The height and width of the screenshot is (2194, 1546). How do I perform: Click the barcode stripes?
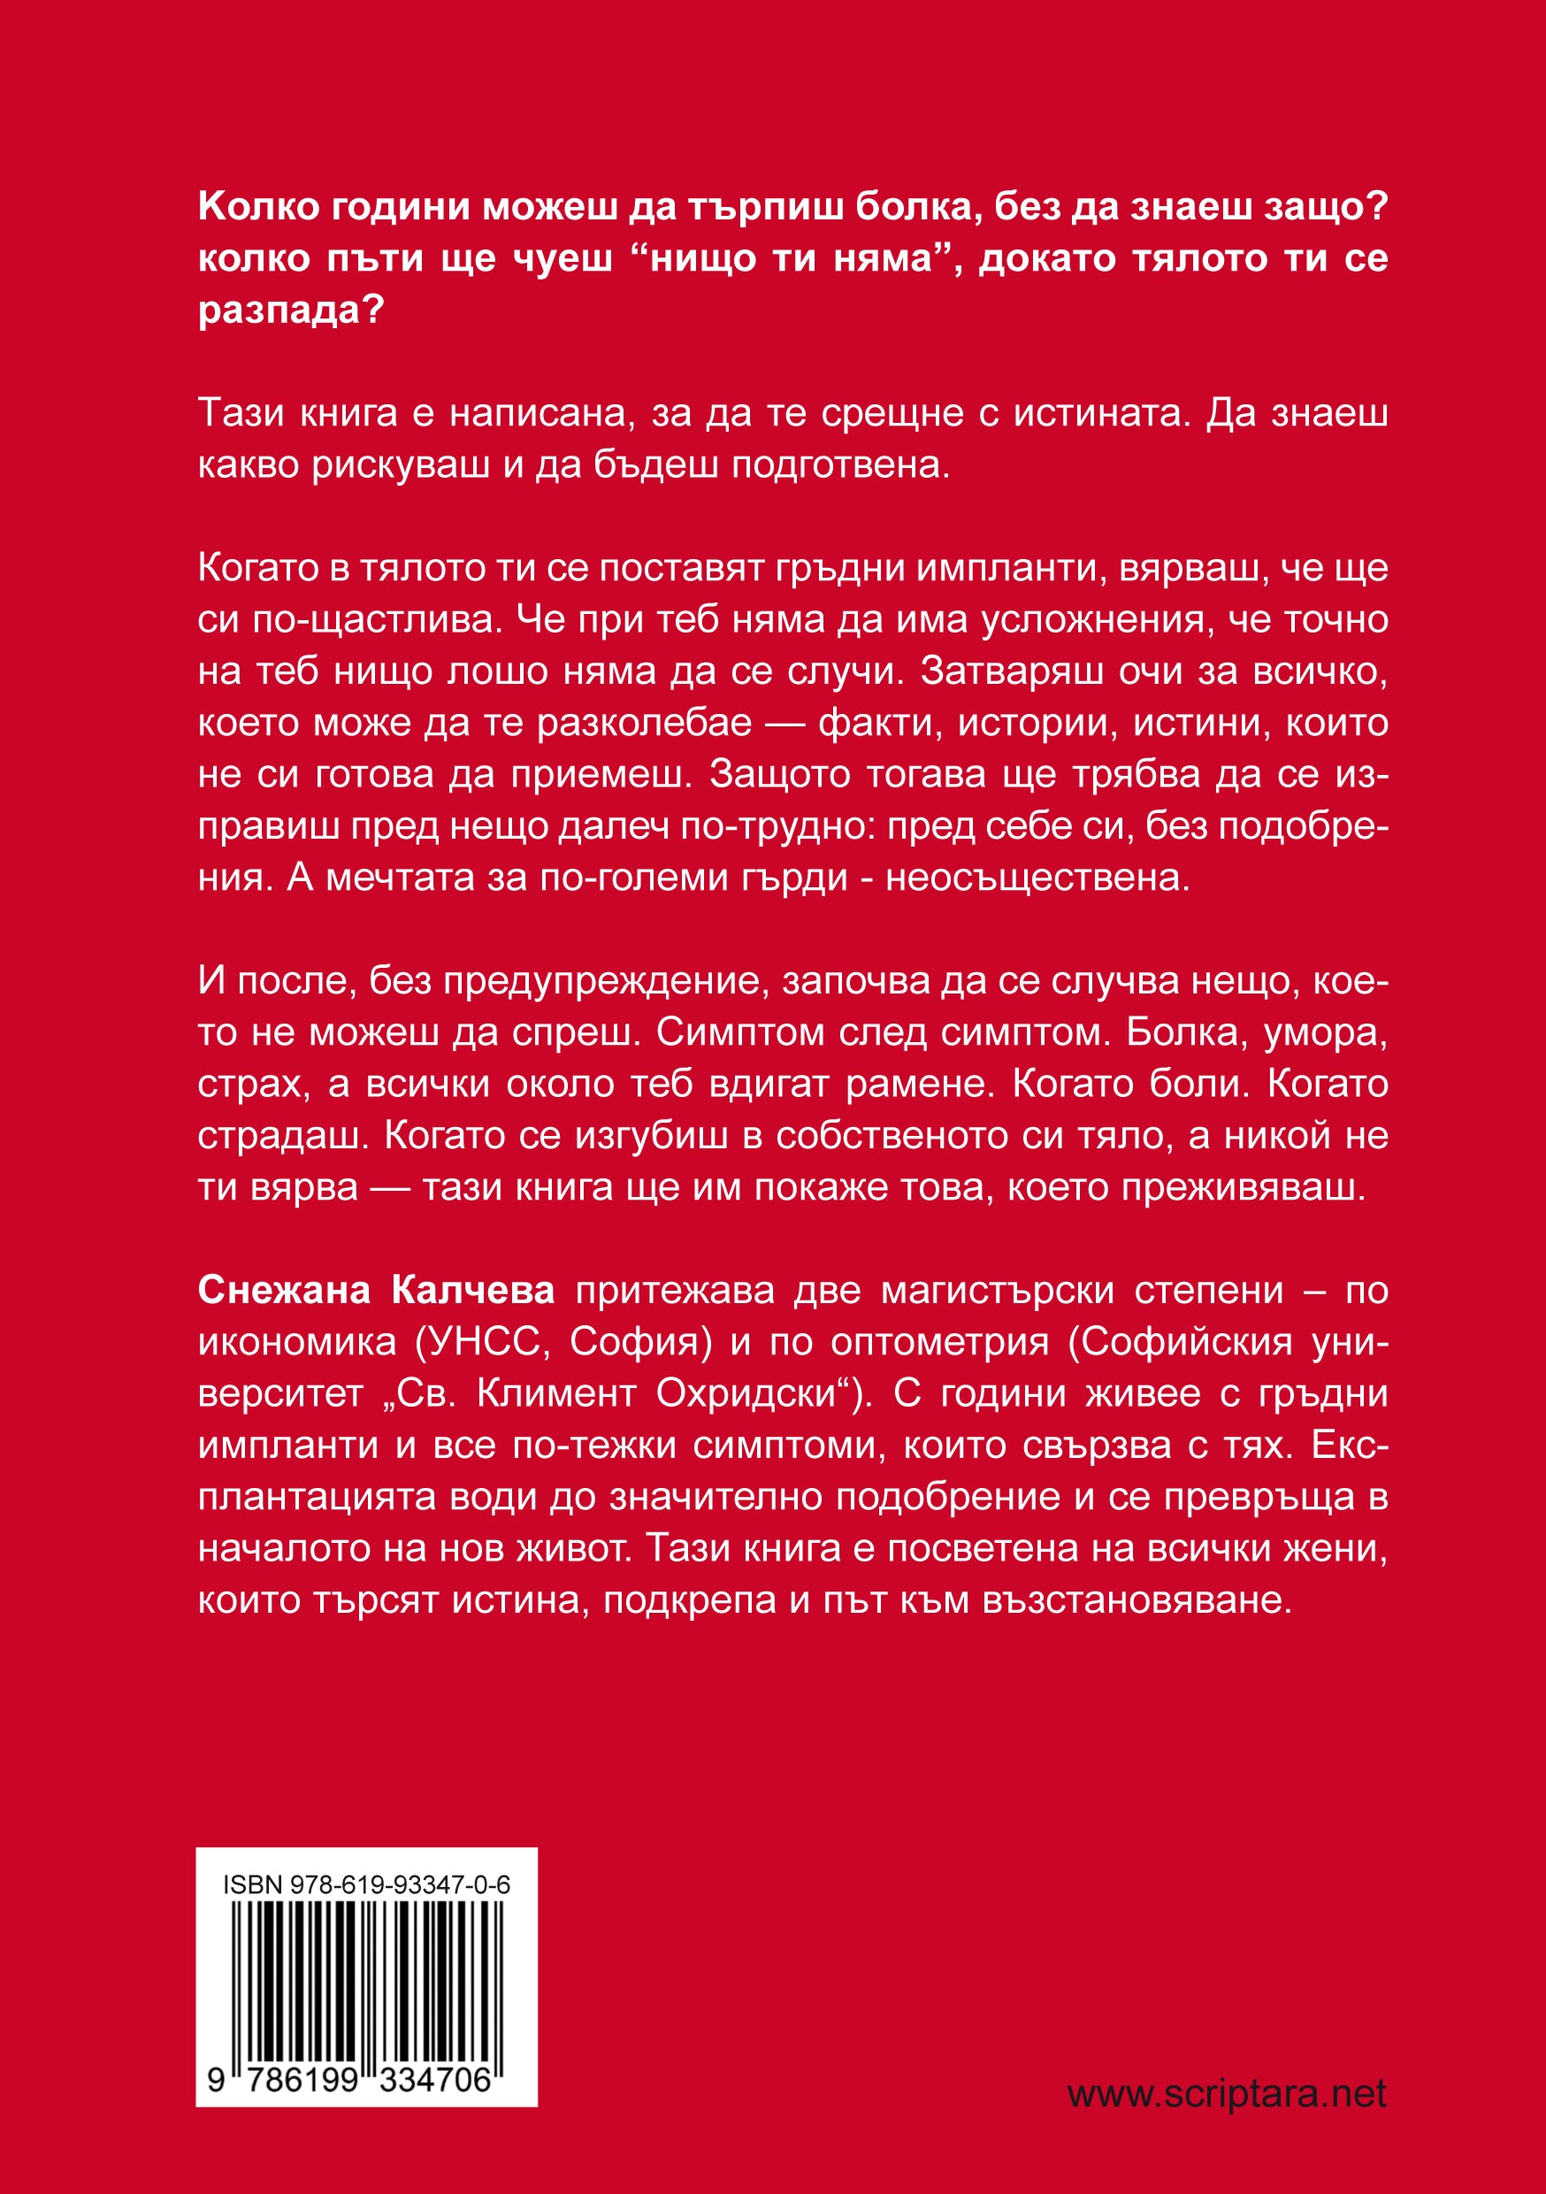(366, 1975)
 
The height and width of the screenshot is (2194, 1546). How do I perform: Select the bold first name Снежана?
(284, 1290)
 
